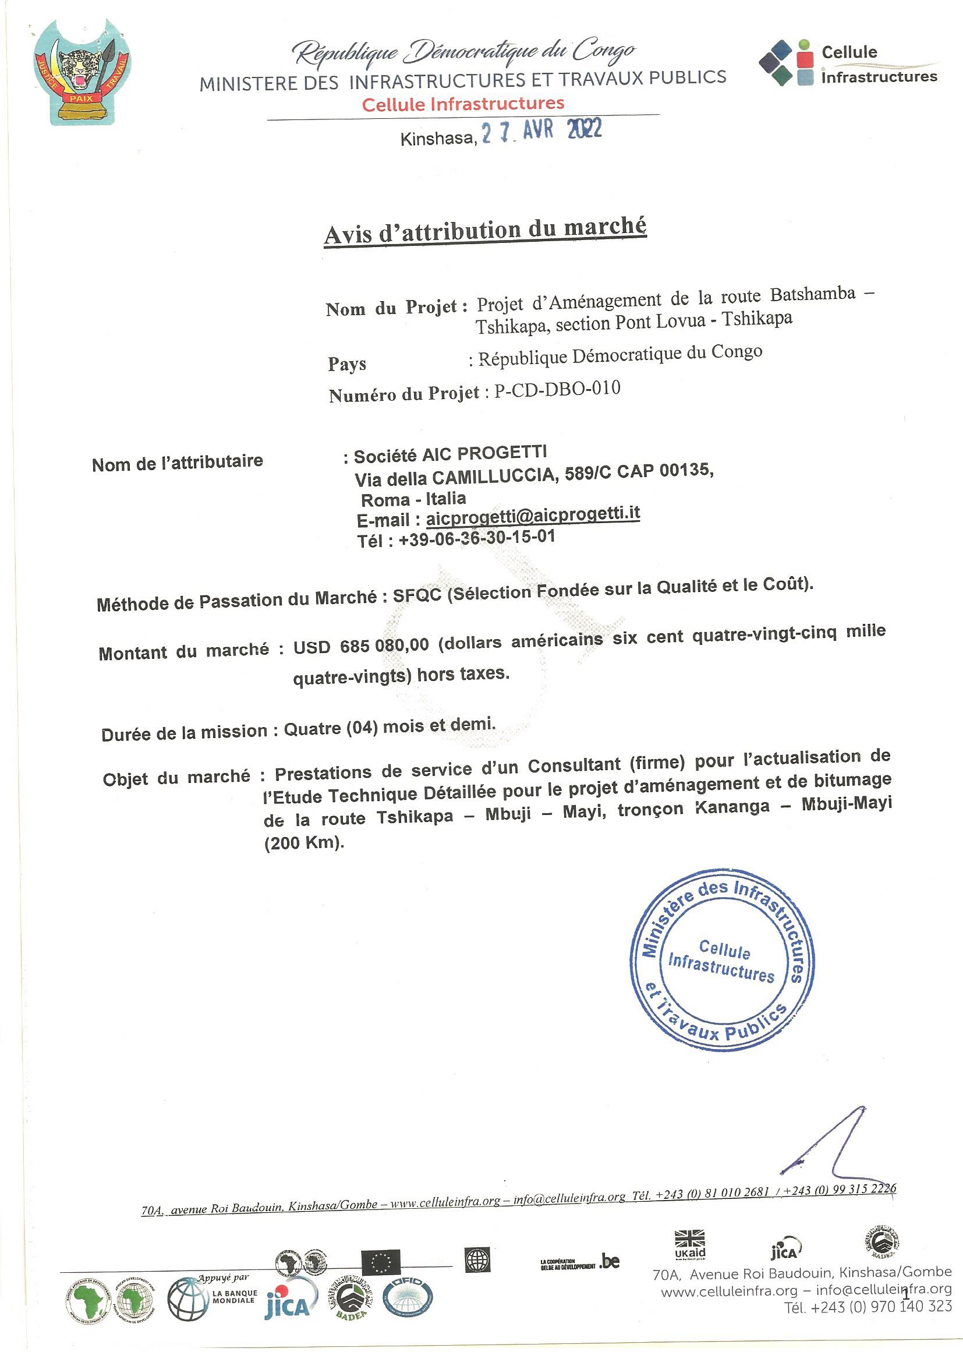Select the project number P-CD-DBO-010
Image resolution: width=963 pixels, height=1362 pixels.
tap(557, 390)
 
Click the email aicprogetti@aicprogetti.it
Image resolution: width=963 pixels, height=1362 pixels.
tap(533, 515)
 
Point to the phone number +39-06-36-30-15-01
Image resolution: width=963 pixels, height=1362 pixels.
tap(477, 539)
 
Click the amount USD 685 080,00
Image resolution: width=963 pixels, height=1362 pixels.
tap(360, 645)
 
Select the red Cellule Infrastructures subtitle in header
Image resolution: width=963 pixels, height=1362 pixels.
tap(462, 104)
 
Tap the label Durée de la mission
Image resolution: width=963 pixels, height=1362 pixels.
tap(185, 733)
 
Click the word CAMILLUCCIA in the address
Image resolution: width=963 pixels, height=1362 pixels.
tap(494, 476)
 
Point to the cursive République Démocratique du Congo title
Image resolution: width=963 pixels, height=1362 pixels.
tap(464, 54)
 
